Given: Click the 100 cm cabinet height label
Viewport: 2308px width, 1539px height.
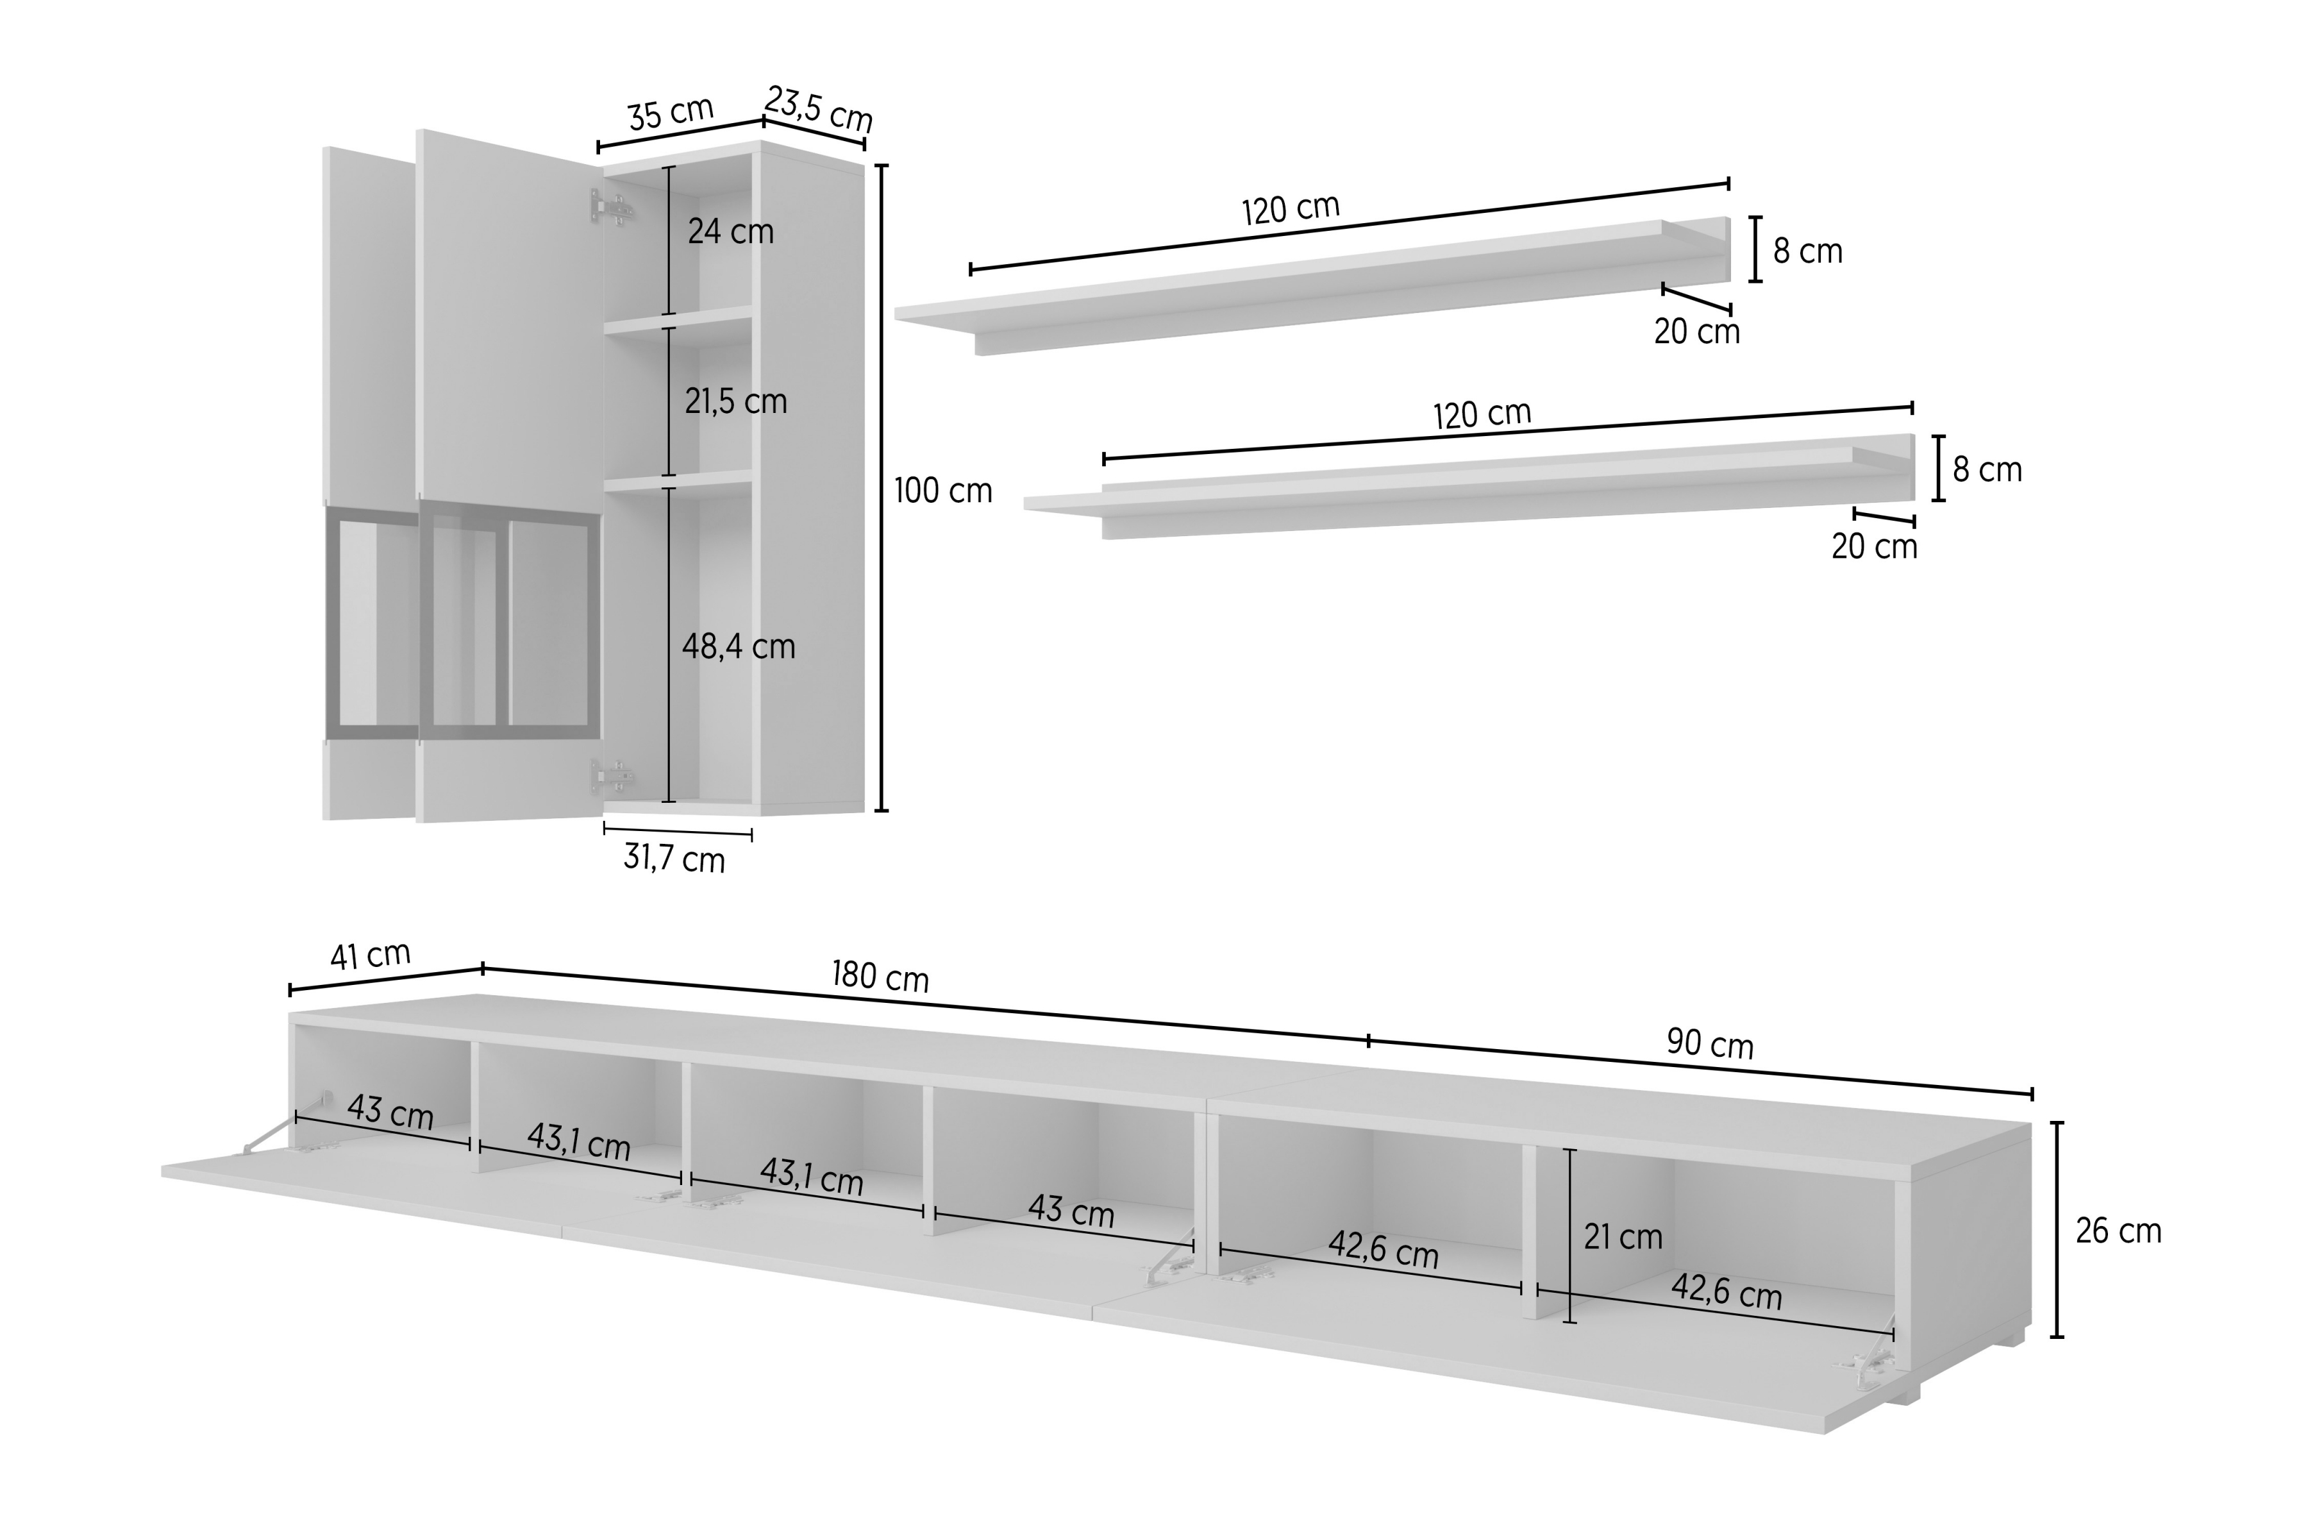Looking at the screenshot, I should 943,490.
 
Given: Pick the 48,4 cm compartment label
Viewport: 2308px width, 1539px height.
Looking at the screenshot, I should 738,647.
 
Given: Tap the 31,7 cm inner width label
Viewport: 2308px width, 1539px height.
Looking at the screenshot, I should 674,859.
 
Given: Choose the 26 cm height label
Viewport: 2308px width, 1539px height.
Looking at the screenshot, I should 2118,1231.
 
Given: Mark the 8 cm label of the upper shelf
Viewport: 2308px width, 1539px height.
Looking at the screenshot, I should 1807,251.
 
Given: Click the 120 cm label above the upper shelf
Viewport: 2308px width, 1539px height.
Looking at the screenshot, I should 1291,209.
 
